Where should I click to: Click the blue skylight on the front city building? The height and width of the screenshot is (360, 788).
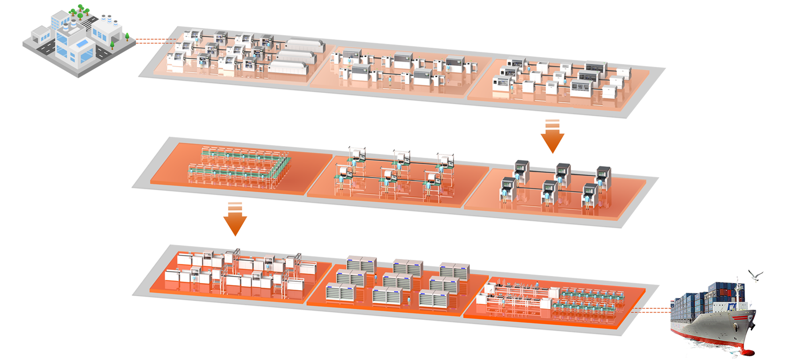pyautogui.click(x=83, y=44)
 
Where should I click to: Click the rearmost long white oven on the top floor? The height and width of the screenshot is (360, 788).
pyautogui.click(x=305, y=45)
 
